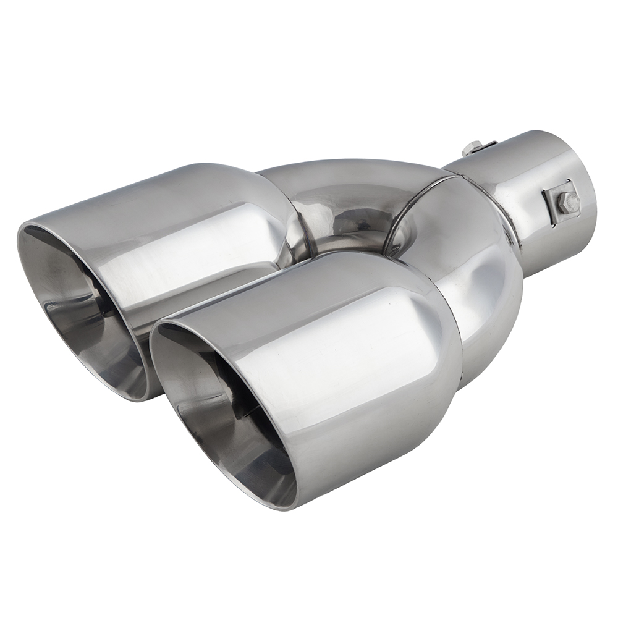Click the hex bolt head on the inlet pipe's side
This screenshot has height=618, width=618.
click(569, 202)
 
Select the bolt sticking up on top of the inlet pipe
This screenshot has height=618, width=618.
click(471, 148)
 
